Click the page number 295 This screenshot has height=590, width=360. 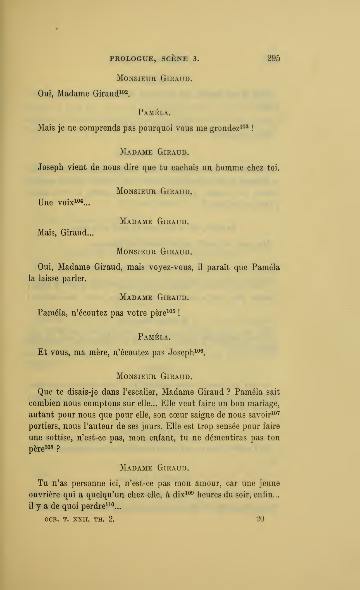click(273, 58)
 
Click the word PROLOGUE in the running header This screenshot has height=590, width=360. click(133, 59)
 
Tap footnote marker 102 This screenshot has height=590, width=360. click(124, 91)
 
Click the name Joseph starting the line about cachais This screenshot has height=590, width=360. click(50, 168)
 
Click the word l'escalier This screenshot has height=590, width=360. click(139, 392)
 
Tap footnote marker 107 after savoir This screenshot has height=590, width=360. click(276, 412)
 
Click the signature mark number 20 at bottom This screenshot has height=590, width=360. click(260, 519)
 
